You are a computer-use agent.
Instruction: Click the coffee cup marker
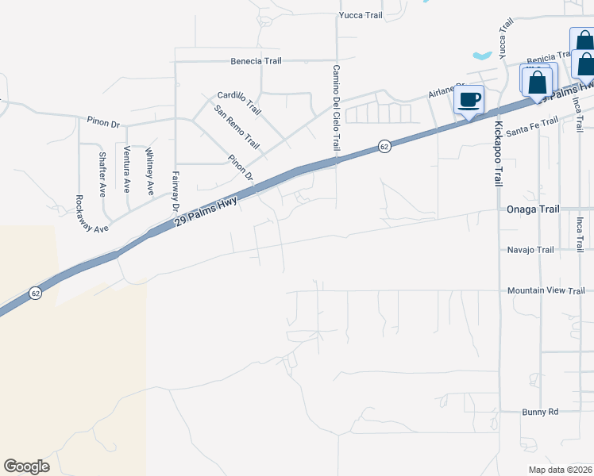coord(469,100)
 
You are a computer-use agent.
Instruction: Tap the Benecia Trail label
coord(256,61)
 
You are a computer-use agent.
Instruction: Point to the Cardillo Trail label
coord(239,102)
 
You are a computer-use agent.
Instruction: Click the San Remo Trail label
coord(237,129)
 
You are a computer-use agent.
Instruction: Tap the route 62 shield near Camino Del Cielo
coord(384,147)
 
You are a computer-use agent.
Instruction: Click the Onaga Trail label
coord(532,209)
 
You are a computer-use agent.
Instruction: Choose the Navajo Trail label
coord(530,250)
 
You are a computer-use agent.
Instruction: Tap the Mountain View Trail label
coord(546,291)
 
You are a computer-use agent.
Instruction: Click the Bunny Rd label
coord(541,412)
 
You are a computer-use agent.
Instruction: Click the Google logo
coord(27,466)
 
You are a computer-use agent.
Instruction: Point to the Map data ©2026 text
coord(560,470)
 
